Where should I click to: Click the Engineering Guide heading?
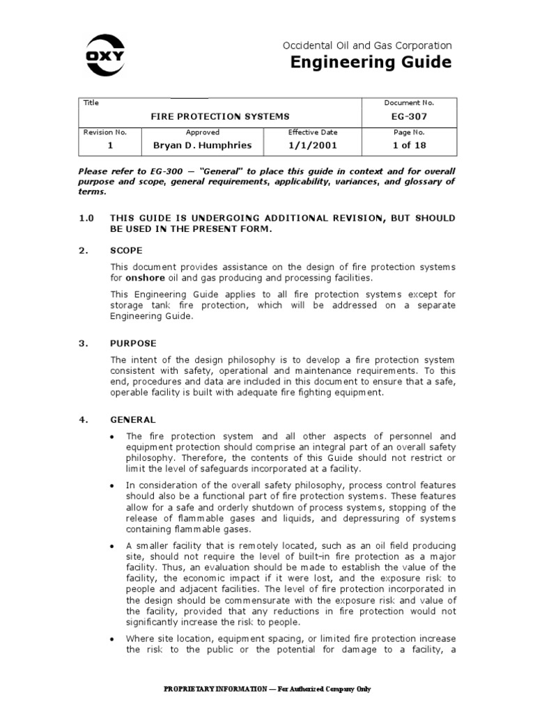tap(370, 63)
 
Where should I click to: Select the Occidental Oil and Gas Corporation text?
tap(366, 45)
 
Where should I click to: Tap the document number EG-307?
tap(408, 117)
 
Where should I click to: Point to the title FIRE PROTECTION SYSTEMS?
tap(220, 117)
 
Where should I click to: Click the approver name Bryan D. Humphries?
tap(202, 146)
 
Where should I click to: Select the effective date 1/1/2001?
tap(312, 146)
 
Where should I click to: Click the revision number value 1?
tap(109, 146)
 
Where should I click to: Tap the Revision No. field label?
tap(103, 132)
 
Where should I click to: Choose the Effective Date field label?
tap(312, 132)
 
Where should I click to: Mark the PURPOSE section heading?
tap(133, 343)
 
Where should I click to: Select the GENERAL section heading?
tap(133, 420)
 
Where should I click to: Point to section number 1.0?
tap(86, 218)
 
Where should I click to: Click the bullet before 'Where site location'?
tap(114, 638)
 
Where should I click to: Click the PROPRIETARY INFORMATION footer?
tap(267, 689)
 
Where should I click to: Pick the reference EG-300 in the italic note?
tap(165, 171)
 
